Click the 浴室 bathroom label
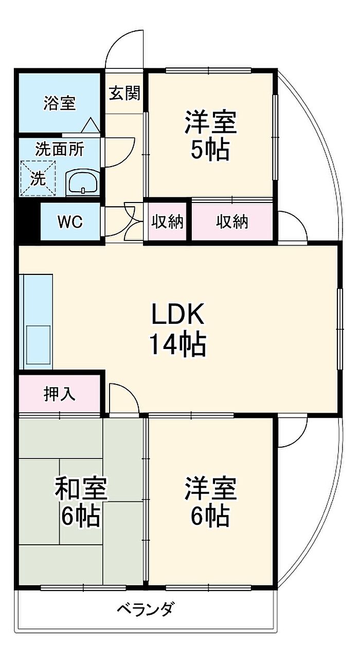coord(59,103)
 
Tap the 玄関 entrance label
coord(124,94)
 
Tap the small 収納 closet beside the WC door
coord(168,222)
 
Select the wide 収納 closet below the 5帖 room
coord(232,222)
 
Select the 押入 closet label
coord(59,394)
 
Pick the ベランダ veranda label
coord(146,610)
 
